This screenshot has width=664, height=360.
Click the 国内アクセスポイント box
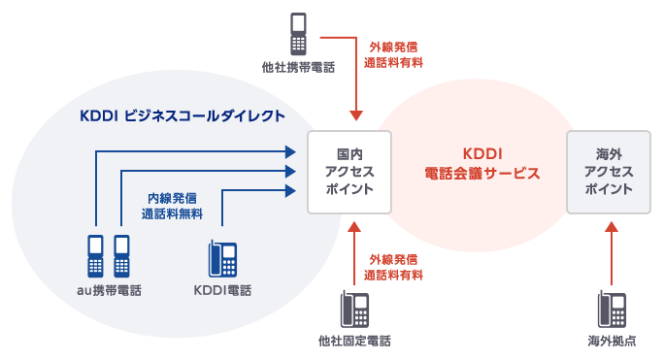tap(349, 172)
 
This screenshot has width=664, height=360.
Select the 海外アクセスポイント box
tap(610, 172)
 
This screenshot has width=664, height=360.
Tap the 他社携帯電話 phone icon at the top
tap(298, 35)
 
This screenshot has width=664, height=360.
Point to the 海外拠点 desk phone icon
tap(612, 310)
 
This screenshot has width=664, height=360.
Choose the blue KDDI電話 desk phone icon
tap(221, 259)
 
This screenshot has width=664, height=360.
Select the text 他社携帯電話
tap(298, 69)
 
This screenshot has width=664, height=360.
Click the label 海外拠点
tap(612, 342)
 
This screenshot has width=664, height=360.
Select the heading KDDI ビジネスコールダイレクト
tap(183, 115)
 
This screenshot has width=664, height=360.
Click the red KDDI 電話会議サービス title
tap(481, 163)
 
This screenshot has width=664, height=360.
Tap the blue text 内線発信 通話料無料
tap(172, 205)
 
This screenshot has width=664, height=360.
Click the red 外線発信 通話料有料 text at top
tap(393, 53)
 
